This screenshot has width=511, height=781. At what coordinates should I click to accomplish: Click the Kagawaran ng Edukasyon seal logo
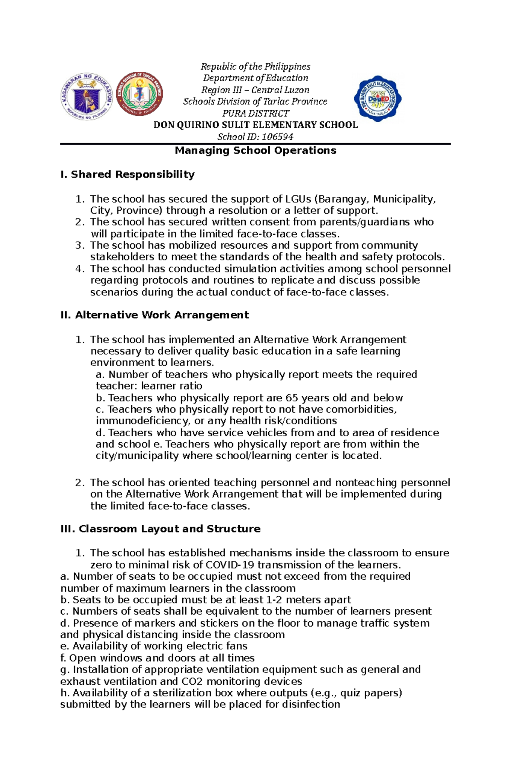pyautogui.click(x=87, y=96)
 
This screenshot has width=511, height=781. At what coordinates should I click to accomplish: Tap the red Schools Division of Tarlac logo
pyautogui.click(x=139, y=94)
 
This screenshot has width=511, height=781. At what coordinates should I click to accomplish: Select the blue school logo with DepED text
pyautogui.click(x=377, y=98)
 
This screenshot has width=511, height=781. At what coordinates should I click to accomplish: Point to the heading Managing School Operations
pyautogui.click(x=255, y=150)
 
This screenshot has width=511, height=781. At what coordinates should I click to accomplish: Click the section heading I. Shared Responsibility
pyautogui.click(x=127, y=175)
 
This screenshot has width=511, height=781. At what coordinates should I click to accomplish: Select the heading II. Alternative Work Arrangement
pyautogui.click(x=155, y=315)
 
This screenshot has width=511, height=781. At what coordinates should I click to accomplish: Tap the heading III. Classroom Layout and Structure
pyautogui.click(x=161, y=529)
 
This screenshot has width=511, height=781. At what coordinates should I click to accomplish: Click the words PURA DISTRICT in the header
pyautogui.click(x=255, y=113)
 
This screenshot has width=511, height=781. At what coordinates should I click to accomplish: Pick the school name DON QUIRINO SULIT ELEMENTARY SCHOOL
pyautogui.click(x=255, y=125)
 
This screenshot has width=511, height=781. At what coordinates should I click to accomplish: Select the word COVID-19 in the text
pyautogui.click(x=230, y=565)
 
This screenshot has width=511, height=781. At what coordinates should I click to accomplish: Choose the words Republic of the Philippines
pyautogui.click(x=255, y=66)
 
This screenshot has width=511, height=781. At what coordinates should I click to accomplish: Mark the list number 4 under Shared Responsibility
pyautogui.click(x=79, y=269)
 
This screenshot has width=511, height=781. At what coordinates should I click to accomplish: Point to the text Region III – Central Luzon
pyautogui.click(x=255, y=90)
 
